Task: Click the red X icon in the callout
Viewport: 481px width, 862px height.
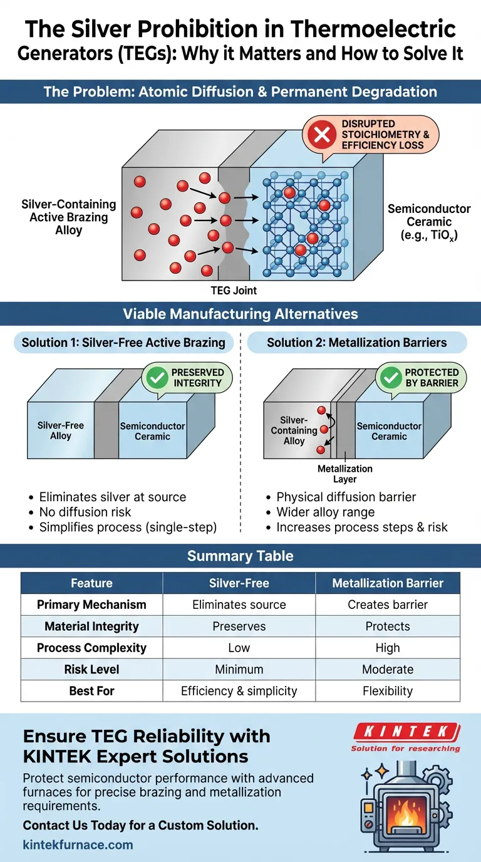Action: click(x=322, y=135)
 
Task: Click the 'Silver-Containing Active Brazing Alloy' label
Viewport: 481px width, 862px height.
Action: click(x=69, y=217)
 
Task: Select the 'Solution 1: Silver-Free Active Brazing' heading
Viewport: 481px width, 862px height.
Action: click(x=123, y=343)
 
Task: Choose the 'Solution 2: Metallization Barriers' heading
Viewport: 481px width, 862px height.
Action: click(x=357, y=343)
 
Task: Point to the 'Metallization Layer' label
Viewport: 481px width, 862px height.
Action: click(x=345, y=474)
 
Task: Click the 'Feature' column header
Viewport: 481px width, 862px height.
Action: click(x=91, y=583)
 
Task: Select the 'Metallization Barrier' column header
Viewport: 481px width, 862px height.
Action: click(x=388, y=583)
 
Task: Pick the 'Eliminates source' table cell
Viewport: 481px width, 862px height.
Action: click(x=239, y=605)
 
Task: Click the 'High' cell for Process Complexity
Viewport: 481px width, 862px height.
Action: click(x=388, y=648)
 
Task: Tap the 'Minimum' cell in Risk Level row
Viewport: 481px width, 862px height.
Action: click(x=239, y=670)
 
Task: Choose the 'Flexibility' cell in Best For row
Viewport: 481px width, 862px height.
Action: click(x=388, y=691)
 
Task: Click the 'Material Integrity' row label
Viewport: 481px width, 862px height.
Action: click(x=91, y=626)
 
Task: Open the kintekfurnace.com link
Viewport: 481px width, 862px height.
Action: click(x=78, y=844)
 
